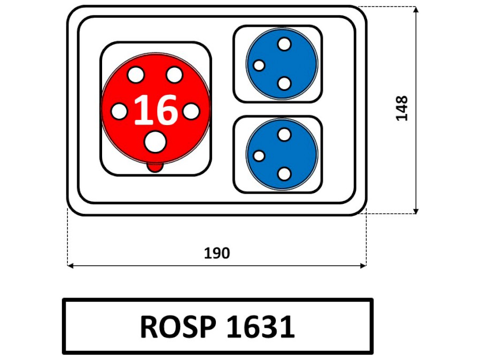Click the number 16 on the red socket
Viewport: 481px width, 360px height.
coord(156,110)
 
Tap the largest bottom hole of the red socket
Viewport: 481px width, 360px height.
coord(155,143)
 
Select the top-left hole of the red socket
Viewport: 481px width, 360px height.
coord(136,75)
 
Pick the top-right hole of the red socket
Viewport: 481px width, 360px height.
coord(174,75)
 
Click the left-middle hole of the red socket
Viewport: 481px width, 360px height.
coord(119,111)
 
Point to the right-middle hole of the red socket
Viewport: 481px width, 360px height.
coord(191,111)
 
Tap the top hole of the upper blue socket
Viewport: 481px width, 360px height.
coord(284,44)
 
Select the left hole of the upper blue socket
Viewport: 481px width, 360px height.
coord(259,65)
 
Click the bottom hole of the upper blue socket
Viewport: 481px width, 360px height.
coord(284,83)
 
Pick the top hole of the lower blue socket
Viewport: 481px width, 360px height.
coord(284,134)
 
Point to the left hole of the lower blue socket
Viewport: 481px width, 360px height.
coord(259,156)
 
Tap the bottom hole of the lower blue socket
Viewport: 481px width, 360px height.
coord(284,174)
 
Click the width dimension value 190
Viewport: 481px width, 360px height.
coord(216,253)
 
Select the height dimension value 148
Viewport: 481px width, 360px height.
coord(402,108)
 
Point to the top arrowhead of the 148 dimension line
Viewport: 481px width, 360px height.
coord(416,10)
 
